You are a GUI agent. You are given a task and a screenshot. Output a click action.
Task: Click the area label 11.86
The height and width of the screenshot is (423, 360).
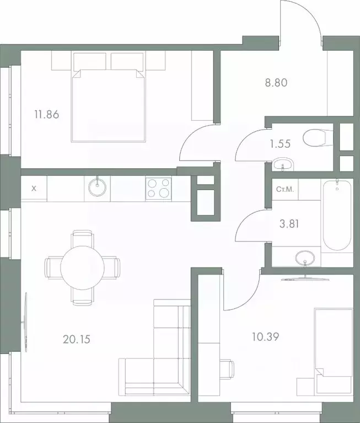(x=46, y=115)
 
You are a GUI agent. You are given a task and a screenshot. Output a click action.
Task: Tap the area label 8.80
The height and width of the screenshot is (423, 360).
(x=277, y=84)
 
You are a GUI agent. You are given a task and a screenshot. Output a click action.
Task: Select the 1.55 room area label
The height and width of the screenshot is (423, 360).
(x=280, y=144)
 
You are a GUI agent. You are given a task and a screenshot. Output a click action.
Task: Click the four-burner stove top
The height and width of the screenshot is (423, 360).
(x=159, y=189)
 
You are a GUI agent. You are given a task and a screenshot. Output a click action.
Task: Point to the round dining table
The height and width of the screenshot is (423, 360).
(x=82, y=267)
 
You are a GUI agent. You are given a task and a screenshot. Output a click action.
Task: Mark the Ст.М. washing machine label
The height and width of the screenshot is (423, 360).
(x=284, y=190)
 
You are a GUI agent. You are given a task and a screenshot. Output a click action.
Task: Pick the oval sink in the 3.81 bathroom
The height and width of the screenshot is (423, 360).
(x=304, y=258)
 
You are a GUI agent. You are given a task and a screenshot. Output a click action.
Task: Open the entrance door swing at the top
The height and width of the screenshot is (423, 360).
(x=300, y=22)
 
